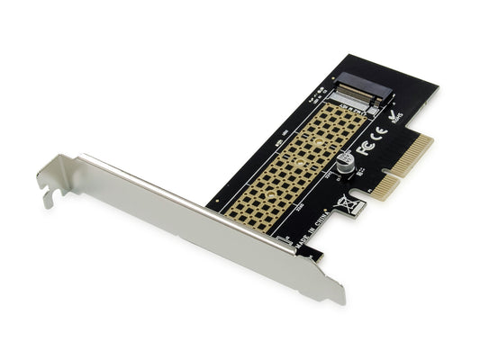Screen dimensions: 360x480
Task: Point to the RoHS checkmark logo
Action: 394,118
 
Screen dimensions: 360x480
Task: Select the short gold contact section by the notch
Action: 385,185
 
